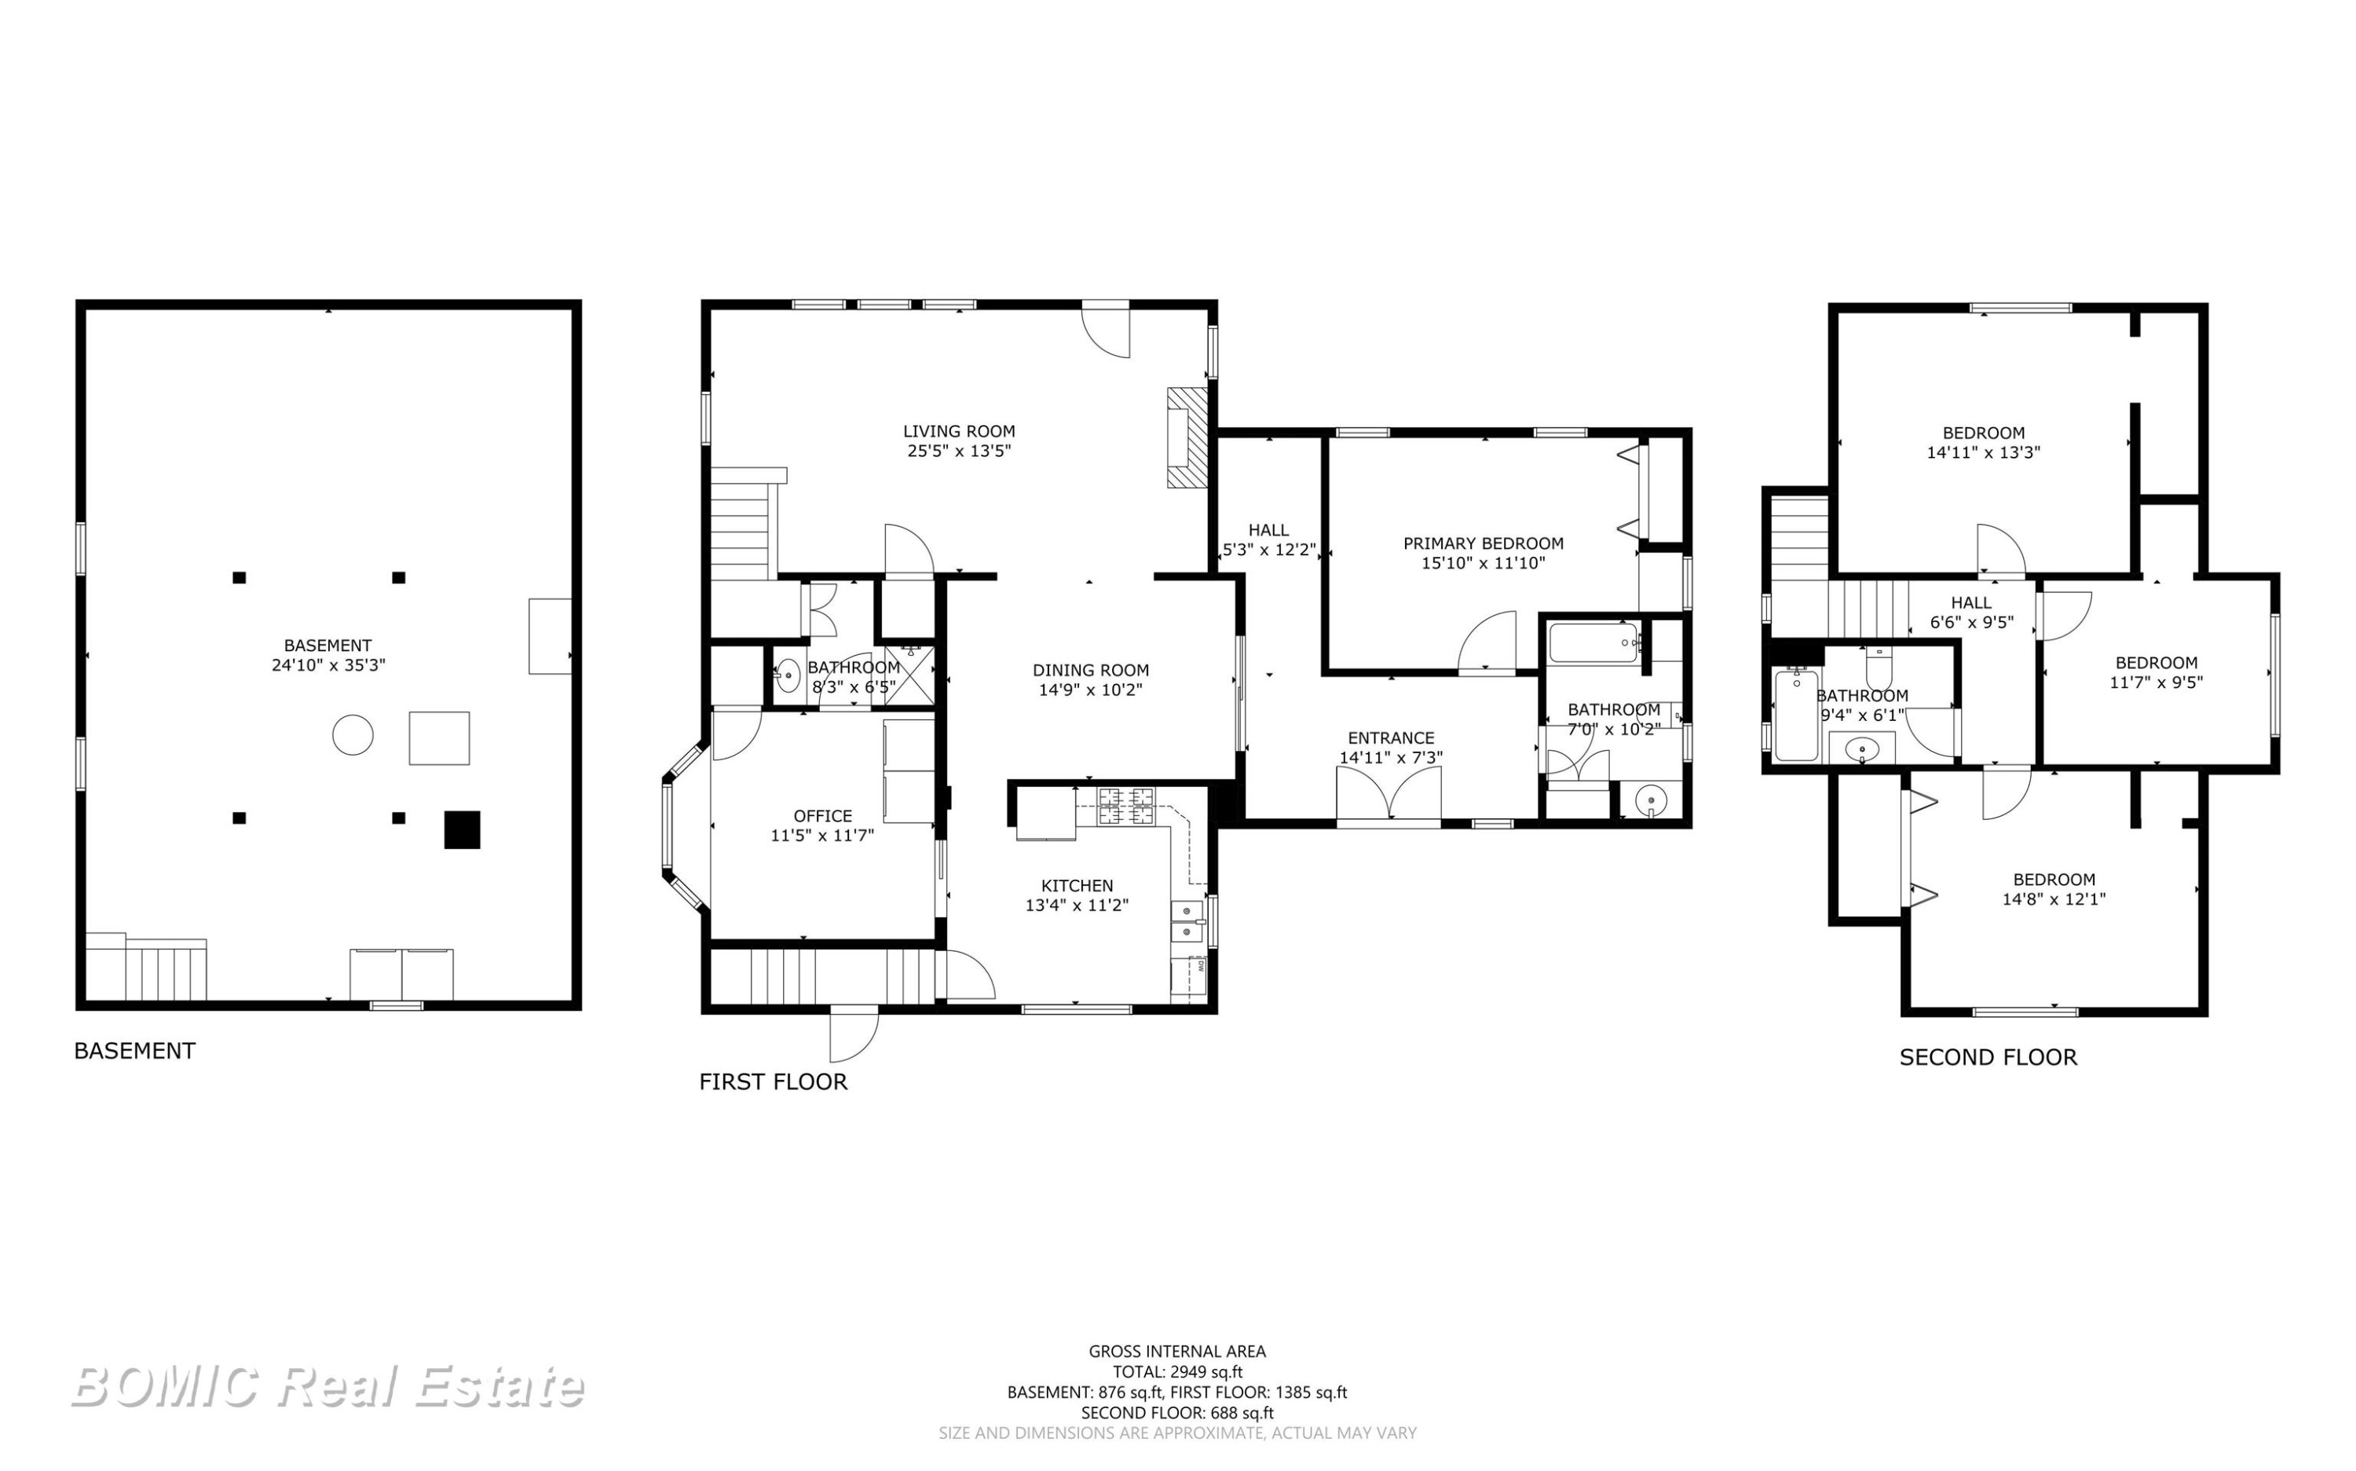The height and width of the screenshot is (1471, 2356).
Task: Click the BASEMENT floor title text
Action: [134, 1051]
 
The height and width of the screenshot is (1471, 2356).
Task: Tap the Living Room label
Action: [958, 431]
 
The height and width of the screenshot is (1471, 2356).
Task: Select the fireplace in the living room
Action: [1187, 437]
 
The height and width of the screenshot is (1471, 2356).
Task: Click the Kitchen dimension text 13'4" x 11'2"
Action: [1077, 905]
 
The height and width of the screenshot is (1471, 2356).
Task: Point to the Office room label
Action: [823, 816]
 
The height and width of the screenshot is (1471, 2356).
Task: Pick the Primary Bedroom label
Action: [1483, 543]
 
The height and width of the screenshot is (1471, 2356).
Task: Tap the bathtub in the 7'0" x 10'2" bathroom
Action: [1595, 643]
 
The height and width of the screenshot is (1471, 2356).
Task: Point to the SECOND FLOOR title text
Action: [1988, 1058]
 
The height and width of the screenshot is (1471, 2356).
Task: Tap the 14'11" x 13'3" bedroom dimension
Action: [1984, 452]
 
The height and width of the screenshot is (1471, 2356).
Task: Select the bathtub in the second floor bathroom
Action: [1796, 715]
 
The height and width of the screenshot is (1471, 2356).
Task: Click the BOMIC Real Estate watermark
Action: [327, 1386]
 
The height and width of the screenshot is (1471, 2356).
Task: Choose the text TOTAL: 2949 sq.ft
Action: [1177, 1373]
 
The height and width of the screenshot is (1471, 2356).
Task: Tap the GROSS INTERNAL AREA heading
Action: [1177, 1352]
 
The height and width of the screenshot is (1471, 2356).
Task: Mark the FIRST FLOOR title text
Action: [774, 1081]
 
